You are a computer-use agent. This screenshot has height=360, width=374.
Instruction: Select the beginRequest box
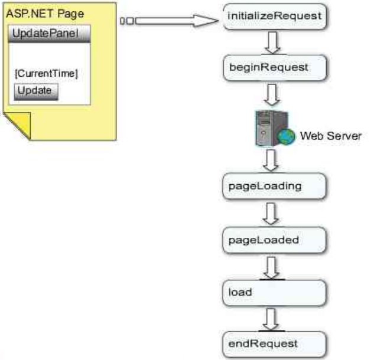[275, 67]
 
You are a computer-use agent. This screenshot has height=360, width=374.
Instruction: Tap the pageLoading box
[275, 186]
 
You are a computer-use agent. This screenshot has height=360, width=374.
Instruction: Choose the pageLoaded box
[275, 240]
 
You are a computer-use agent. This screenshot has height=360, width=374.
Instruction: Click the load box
[275, 292]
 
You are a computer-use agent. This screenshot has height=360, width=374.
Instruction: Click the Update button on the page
[36, 91]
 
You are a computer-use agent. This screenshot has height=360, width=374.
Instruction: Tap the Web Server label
[330, 136]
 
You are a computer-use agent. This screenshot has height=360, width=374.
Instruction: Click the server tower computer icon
[264, 127]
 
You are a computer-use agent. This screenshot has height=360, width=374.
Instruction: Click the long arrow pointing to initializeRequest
[171, 21]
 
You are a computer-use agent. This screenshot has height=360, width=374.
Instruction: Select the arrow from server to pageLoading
[272, 159]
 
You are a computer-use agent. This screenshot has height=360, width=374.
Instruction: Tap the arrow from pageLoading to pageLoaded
[273, 214]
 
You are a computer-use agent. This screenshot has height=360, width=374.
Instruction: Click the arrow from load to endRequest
[273, 319]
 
